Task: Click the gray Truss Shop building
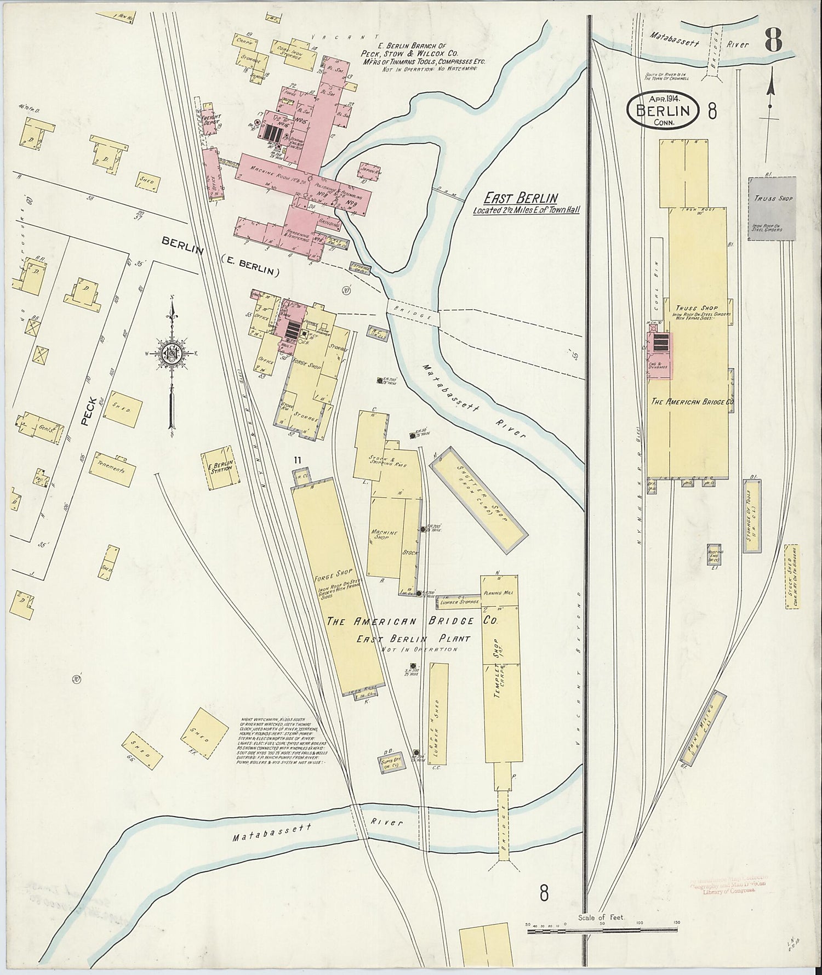(772, 208)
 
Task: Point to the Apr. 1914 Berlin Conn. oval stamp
(664, 110)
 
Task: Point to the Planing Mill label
(496, 594)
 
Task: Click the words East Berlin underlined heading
(521, 199)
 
